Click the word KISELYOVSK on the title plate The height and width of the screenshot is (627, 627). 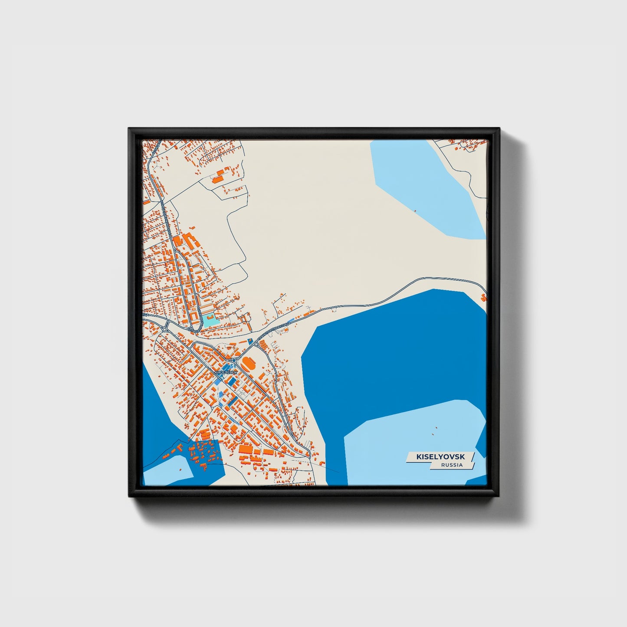[440, 457]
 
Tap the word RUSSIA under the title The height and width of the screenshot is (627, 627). [452, 465]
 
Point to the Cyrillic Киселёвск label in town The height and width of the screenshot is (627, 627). [226, 372]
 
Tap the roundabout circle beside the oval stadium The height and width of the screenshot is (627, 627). [234, 360]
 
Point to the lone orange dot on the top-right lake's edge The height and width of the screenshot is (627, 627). [415, 211]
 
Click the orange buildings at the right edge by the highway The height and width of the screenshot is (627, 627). [484, 297]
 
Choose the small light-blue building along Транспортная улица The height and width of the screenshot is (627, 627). [291, 320]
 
